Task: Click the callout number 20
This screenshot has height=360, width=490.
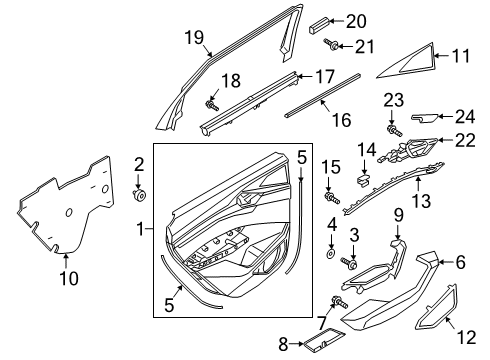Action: coord(356,21)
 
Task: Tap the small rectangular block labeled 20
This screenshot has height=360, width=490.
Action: coord(319,26)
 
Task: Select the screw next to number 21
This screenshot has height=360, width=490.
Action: coord(331,45)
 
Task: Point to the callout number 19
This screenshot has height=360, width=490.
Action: coord(194,37)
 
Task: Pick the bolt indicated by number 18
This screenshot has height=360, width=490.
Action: coord(212,105)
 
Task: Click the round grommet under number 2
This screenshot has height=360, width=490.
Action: coord(139,195)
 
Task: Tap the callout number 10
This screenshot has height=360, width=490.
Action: coord(69,278)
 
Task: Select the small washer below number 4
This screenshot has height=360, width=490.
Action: coord(331,254)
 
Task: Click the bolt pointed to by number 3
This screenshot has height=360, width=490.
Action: coord(349,263)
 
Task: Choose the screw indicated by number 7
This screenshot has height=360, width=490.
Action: coord(339,302)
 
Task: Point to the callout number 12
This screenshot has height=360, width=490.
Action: coord(467,337)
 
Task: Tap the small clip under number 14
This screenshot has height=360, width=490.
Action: coord(364,180)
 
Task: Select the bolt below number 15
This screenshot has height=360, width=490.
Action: coord(332,198)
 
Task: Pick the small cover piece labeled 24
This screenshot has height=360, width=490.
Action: coord(425,118)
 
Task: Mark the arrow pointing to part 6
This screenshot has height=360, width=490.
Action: coord(445,262)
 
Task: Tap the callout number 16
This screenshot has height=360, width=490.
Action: coord(342,120)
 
